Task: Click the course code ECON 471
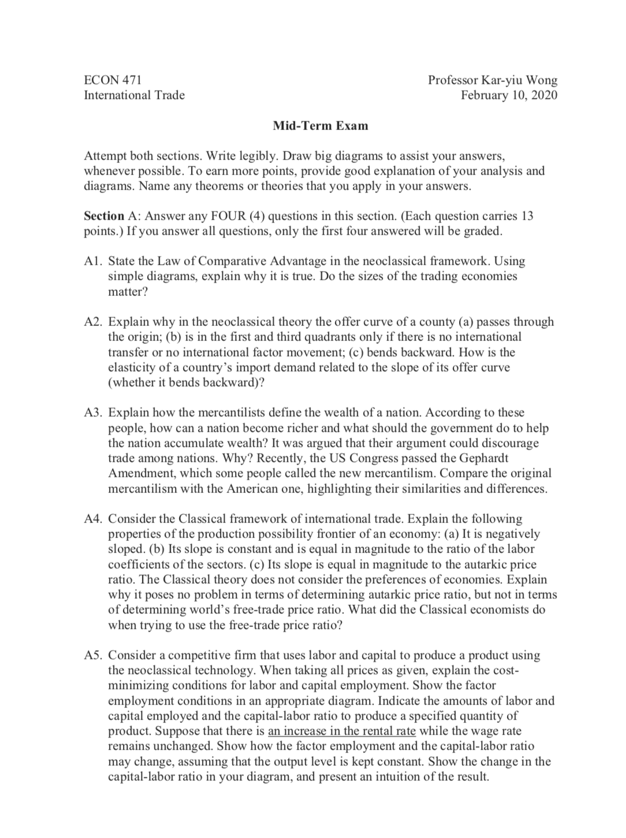point(113,80)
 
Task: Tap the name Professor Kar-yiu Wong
point(492,80)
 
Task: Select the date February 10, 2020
point(509,95)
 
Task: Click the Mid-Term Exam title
point(312,125)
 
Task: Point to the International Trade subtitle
point(134,95)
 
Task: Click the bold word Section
point(104,216)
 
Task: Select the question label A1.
point(93,261)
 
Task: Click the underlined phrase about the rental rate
point(342,731)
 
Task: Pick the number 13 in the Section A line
point(527,216)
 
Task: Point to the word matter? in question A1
point(128,292)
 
